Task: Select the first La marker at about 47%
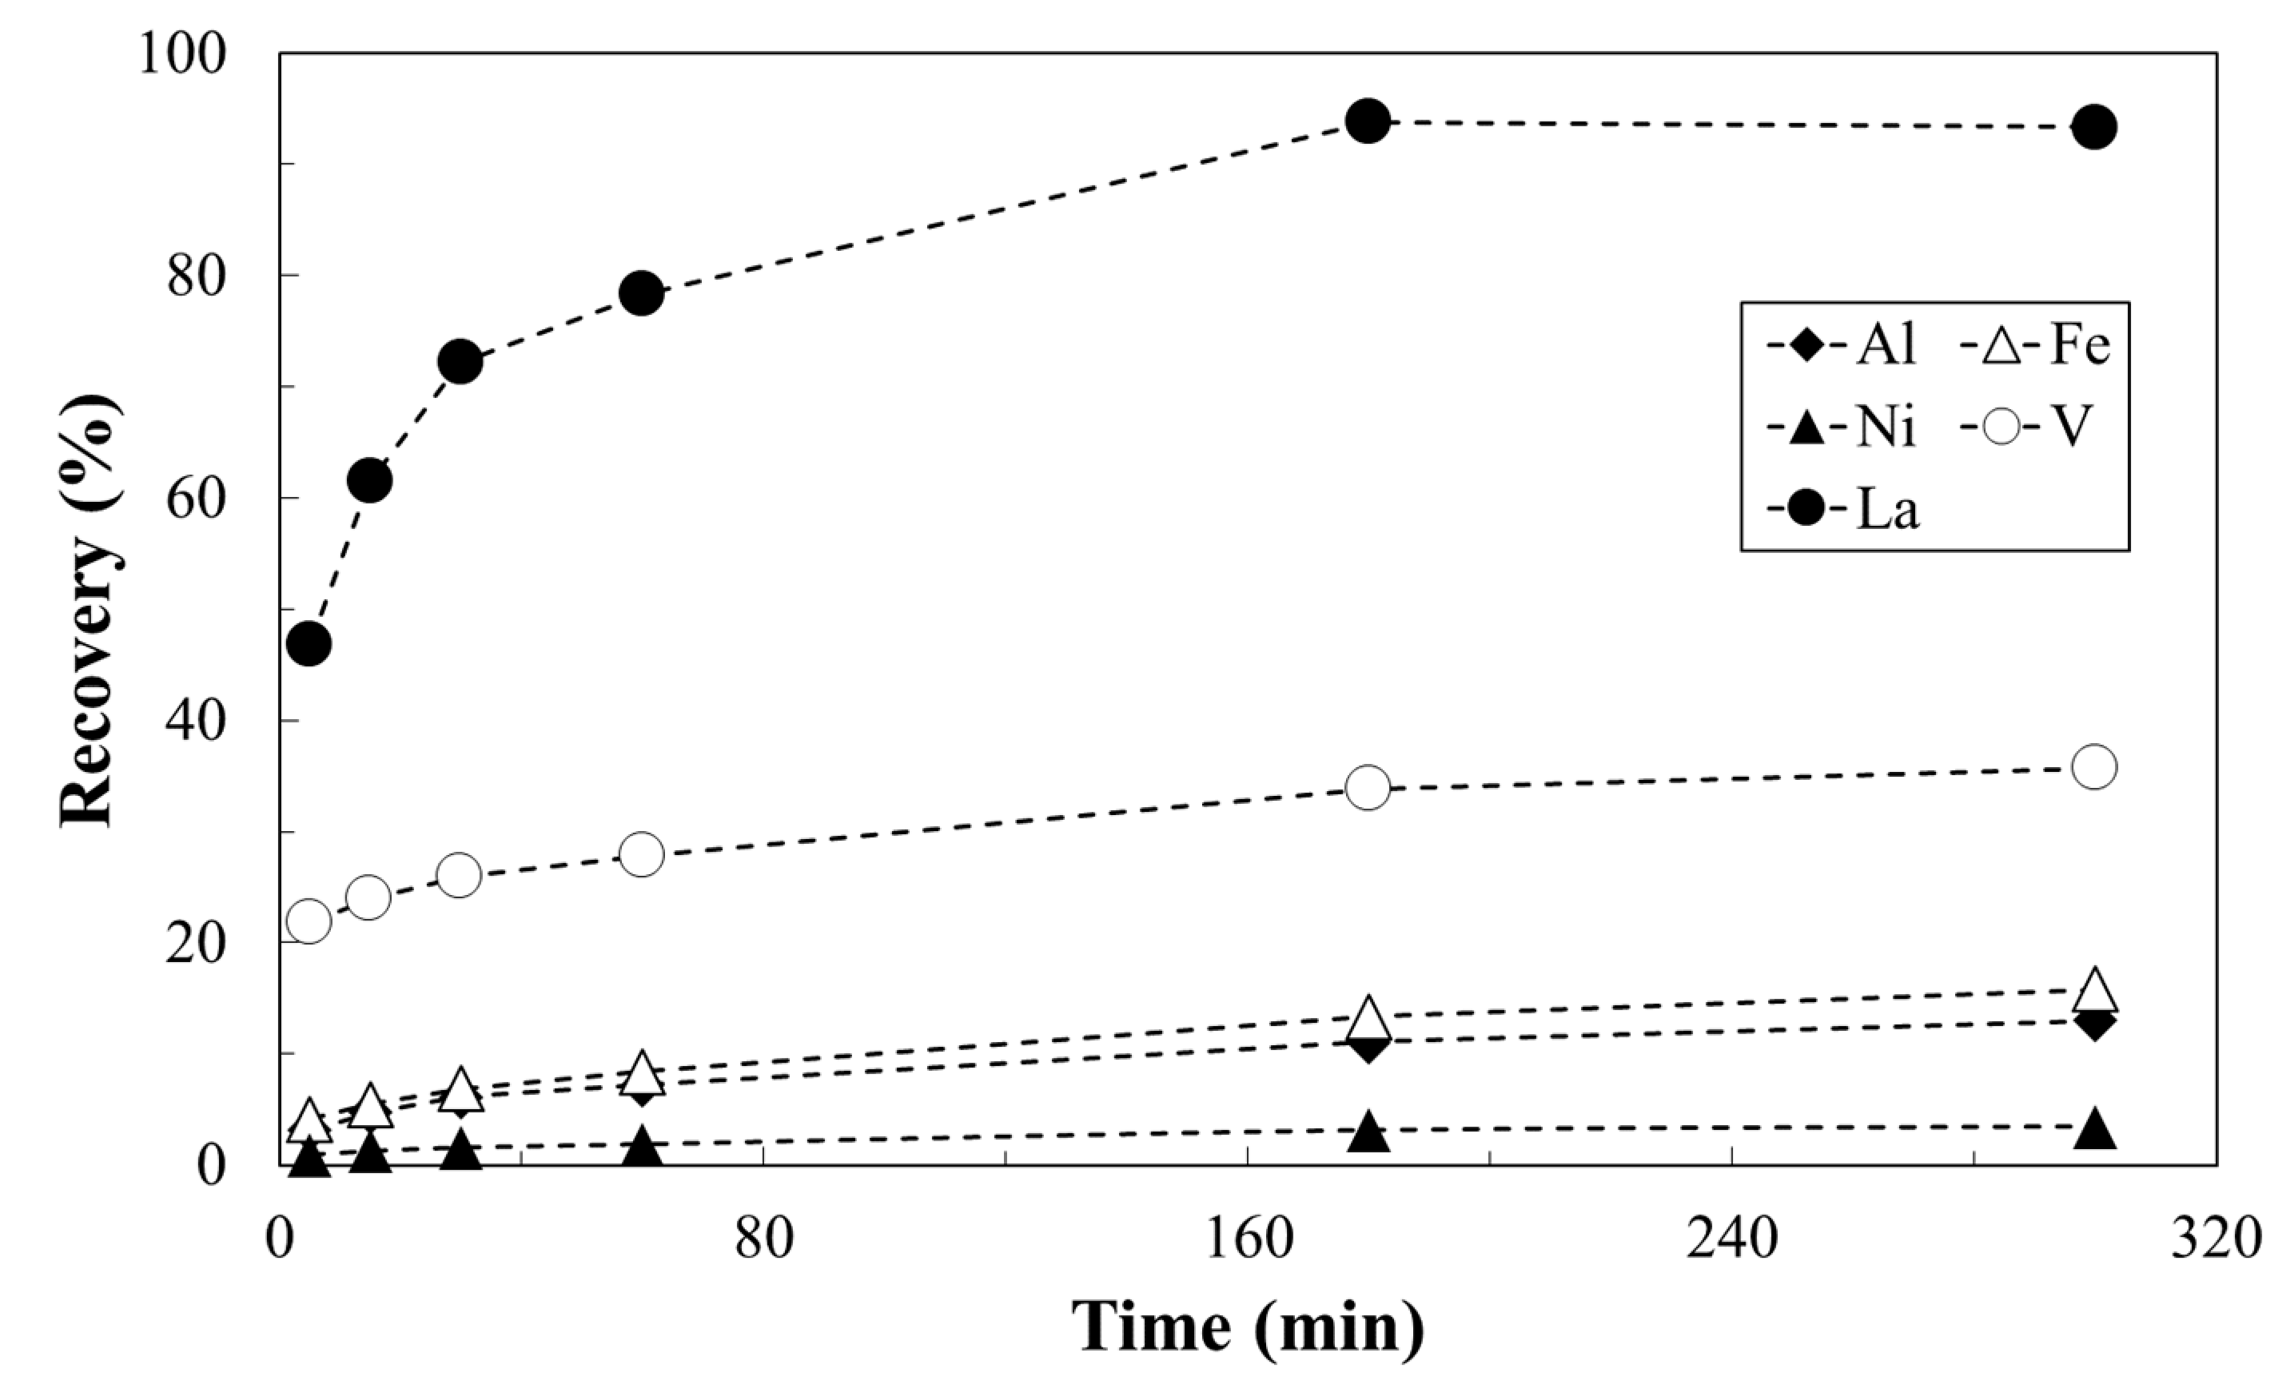309,643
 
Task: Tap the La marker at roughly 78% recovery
640,294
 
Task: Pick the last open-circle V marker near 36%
2095,767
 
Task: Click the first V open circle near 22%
309,921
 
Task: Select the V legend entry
2029,429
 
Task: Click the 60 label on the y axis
197,499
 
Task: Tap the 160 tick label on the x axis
1248,1241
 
